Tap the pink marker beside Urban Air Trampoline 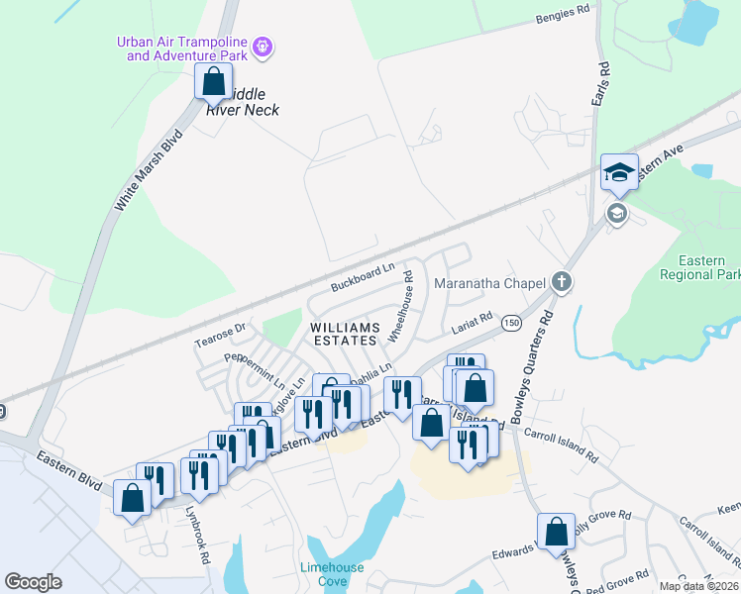coord(264,46)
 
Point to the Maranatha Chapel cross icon coord(562,283)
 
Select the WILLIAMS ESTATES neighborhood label coord(345,334)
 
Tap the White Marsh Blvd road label coord(149,169)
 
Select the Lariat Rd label coord(473,324)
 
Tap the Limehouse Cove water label coord(332,574)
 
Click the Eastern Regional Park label coord(703,267)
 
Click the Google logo coord(34,582)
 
